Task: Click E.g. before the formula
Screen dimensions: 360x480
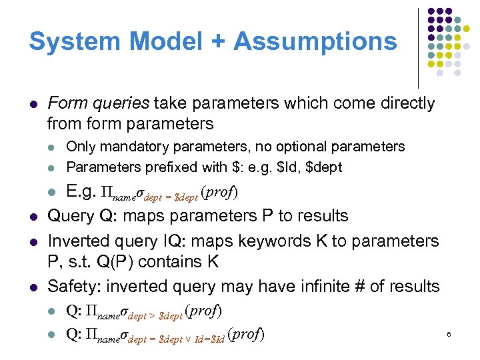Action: coord(81,193)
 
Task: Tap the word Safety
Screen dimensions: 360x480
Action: coord(71,287)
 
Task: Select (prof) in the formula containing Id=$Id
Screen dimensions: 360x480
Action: coord(246,334)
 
